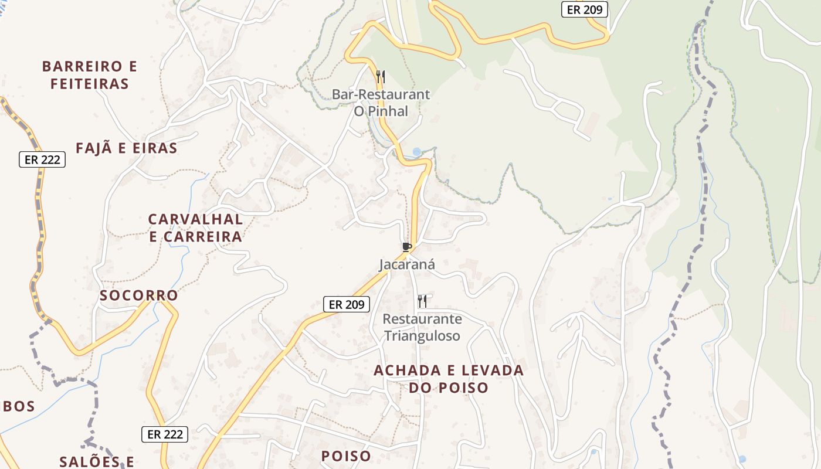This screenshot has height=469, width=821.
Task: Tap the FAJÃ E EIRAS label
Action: tap(126, 148)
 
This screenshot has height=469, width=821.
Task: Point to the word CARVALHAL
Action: tap(195, 219)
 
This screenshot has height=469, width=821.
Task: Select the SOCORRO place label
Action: tap(138, 295)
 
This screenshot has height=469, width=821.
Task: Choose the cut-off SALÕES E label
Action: tap(97, 461)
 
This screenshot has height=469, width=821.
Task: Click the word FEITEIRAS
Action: tap(90, 84)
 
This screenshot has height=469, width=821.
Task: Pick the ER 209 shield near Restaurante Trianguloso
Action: tap(347, 304)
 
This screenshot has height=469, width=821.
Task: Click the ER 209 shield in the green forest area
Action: tap(585, 9)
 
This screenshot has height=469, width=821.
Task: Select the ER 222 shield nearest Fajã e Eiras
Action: tap(42, 159)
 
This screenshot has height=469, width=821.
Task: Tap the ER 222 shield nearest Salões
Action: tap(165, 434)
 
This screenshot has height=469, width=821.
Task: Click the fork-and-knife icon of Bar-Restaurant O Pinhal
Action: tap(381, 76)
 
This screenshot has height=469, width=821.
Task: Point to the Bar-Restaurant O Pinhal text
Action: tap(381, 103)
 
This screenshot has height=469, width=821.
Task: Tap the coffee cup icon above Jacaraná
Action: tap(406, 247)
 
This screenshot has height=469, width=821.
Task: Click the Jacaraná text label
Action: tap(407, 264)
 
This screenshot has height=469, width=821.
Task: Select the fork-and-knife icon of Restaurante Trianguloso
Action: tap(422, 301)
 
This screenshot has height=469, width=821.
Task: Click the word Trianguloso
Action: tap(422, 336)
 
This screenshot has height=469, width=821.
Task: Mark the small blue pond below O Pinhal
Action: tap(416, 152)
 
